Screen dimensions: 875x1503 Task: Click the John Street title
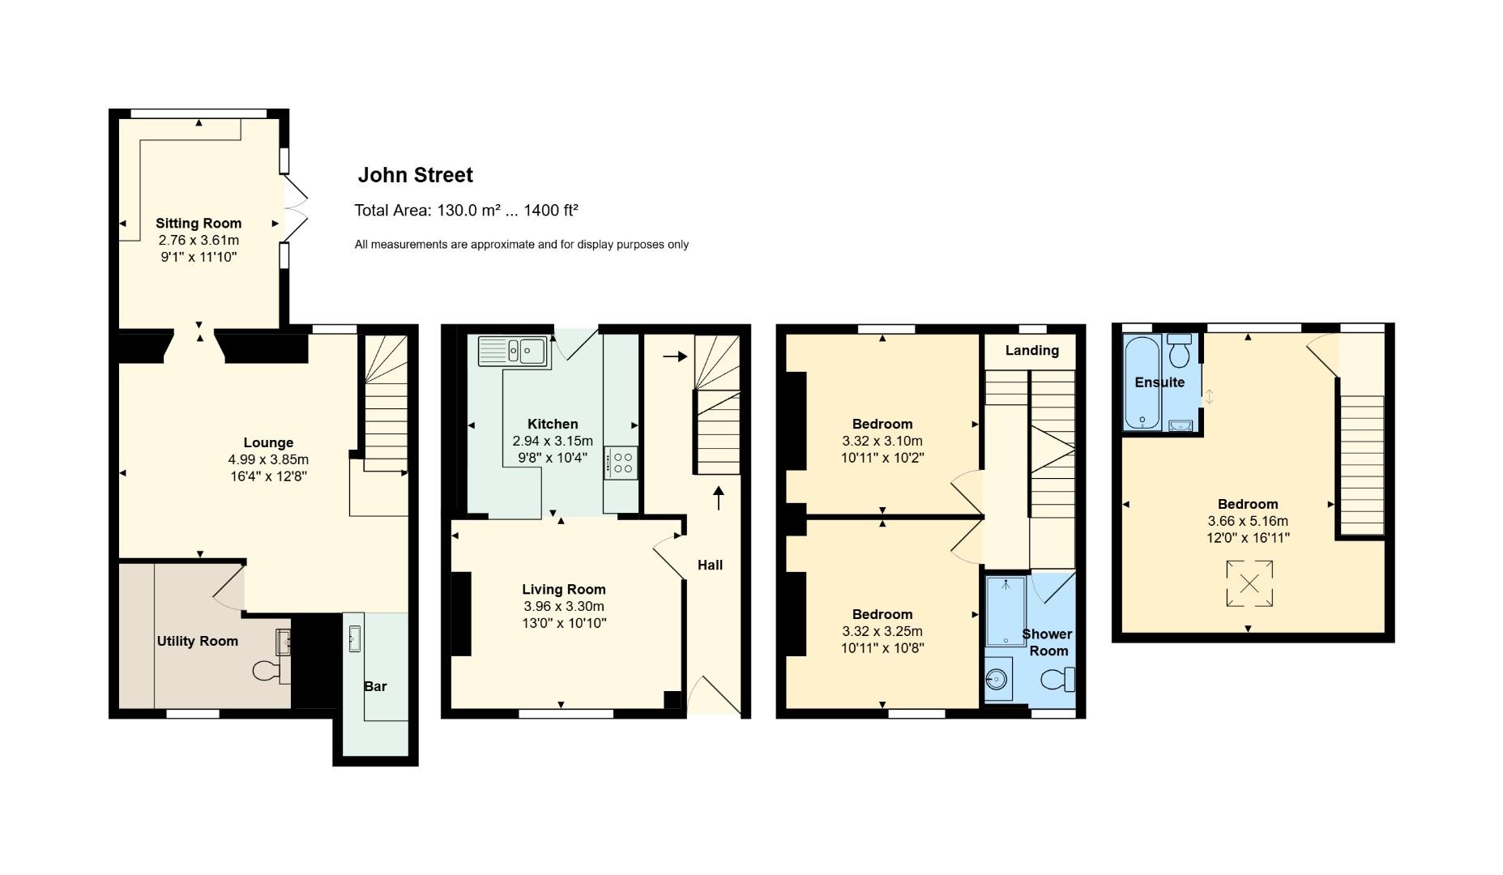click(415, 175)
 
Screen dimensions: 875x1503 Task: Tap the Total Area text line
click(466, 211)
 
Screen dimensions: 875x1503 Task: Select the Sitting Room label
click(199, 223)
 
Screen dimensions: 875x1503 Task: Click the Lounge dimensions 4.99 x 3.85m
click(268, 459)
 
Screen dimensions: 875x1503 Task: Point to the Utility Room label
click(197, 641)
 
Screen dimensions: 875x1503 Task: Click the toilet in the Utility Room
click(266, 670)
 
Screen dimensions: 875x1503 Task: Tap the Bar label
click(375, 686)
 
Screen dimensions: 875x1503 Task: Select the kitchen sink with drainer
click(513, 351)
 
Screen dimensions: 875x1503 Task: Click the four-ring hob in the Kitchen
click(621, 463)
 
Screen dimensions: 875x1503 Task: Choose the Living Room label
click(563, 589)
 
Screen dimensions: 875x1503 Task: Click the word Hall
click(710, 565)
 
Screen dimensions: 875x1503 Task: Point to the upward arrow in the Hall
click(719, 497)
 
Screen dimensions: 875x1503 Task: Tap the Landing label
click(1031, 350)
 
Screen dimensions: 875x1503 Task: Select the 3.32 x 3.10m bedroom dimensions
click(882, 441)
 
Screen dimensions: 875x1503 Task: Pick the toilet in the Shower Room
click(1058, 679)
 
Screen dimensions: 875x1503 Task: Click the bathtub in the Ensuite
click(1141, 382)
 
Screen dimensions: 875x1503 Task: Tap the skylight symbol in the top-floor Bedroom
click(1249, 583)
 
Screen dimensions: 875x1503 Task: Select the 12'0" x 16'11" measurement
click(1248, 537)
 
